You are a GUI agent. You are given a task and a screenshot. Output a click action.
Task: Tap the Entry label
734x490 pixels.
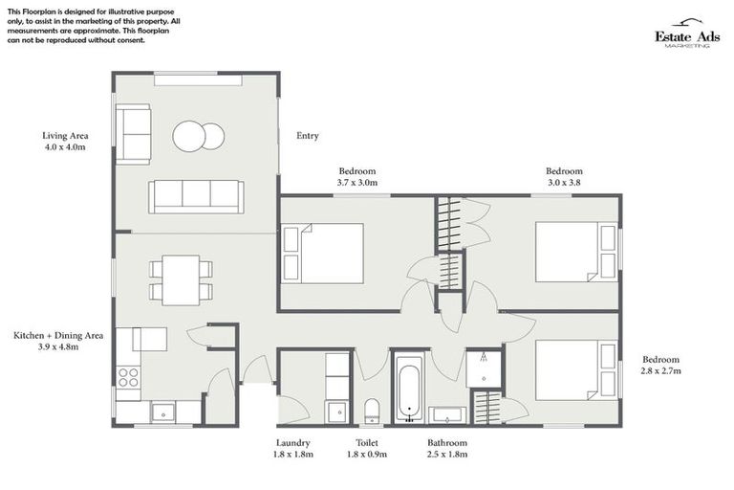[308, 136]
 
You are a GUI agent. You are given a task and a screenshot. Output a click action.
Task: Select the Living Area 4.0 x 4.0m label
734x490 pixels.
[65, 142]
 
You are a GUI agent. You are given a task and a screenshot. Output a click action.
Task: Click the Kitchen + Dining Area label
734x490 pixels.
[58, 342]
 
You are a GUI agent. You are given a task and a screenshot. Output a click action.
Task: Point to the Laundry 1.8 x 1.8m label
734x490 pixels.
[292, 449]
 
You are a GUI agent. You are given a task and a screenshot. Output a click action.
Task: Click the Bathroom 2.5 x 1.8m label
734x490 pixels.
[447, 449]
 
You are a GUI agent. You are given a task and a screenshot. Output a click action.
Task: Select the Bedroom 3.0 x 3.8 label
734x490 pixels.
[564, 176]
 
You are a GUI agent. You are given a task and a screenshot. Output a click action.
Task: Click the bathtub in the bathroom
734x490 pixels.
[409, 389]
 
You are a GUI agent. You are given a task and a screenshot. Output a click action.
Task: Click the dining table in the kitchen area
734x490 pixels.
[181, 279]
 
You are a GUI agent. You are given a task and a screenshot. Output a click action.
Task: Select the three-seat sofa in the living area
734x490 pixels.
[195, 196]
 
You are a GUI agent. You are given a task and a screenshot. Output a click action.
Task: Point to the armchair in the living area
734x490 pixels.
[133, 135]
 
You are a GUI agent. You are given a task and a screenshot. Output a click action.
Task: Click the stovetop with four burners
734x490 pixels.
[128, 377]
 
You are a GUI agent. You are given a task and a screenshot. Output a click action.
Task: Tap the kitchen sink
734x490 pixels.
[163, 412]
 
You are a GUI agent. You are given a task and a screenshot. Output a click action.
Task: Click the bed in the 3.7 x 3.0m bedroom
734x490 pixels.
[323, 254]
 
